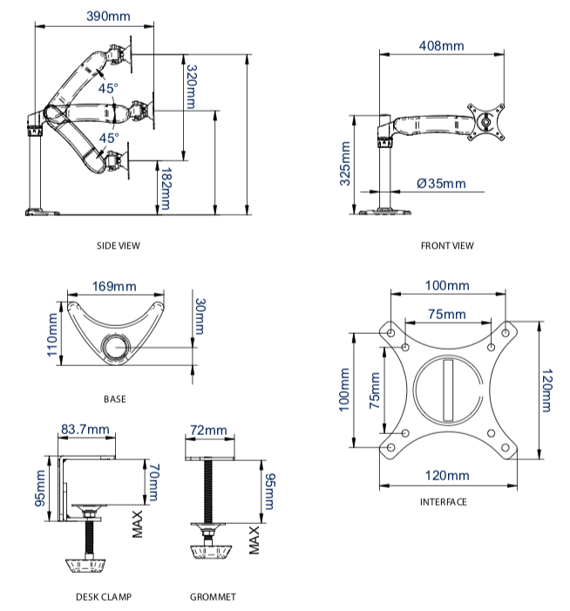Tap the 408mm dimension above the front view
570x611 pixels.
click(x=441, y=44)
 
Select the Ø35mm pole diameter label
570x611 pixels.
click(x=441, y=183)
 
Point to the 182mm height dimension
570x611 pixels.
click(x=166, y=189)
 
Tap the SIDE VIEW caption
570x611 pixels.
click(x=118, y=246)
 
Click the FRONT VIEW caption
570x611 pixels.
click(x=447, y=246)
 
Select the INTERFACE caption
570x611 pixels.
click(x=443, y=502)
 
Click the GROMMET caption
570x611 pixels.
click(x=213, y=597)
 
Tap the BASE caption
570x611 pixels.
click(x=114, y=399)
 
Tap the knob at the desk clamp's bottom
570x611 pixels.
click(x=87, y=566)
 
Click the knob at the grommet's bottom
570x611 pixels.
click(x=209, y=554)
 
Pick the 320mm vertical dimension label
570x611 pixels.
click(x=191, y=85)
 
